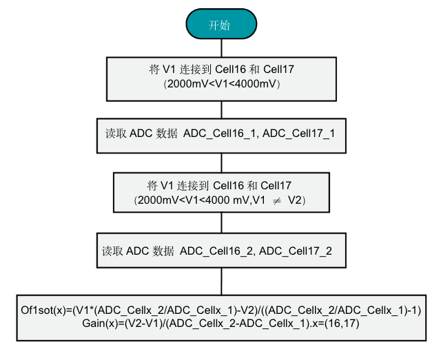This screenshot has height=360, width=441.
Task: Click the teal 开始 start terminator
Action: click(220, 25)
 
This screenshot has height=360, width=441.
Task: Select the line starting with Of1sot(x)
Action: click(220, 310)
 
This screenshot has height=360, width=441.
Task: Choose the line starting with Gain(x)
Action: click(220, 322)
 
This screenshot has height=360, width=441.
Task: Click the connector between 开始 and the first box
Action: click(220, 47)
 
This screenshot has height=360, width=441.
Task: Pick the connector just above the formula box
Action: click(220, 281)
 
